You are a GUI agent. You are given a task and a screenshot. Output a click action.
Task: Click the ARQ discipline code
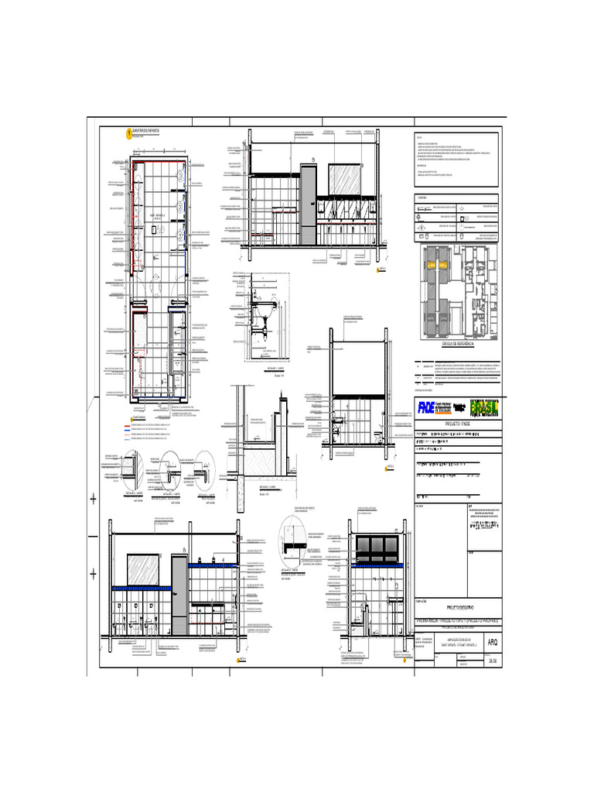[x=493, y=642]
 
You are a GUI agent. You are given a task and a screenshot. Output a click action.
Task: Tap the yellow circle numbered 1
[x=128, y=133]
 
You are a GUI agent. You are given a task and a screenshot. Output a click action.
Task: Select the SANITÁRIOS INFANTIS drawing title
[x=147, y=131]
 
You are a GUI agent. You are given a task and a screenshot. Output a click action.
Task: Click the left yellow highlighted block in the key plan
[x=428, y=265]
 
